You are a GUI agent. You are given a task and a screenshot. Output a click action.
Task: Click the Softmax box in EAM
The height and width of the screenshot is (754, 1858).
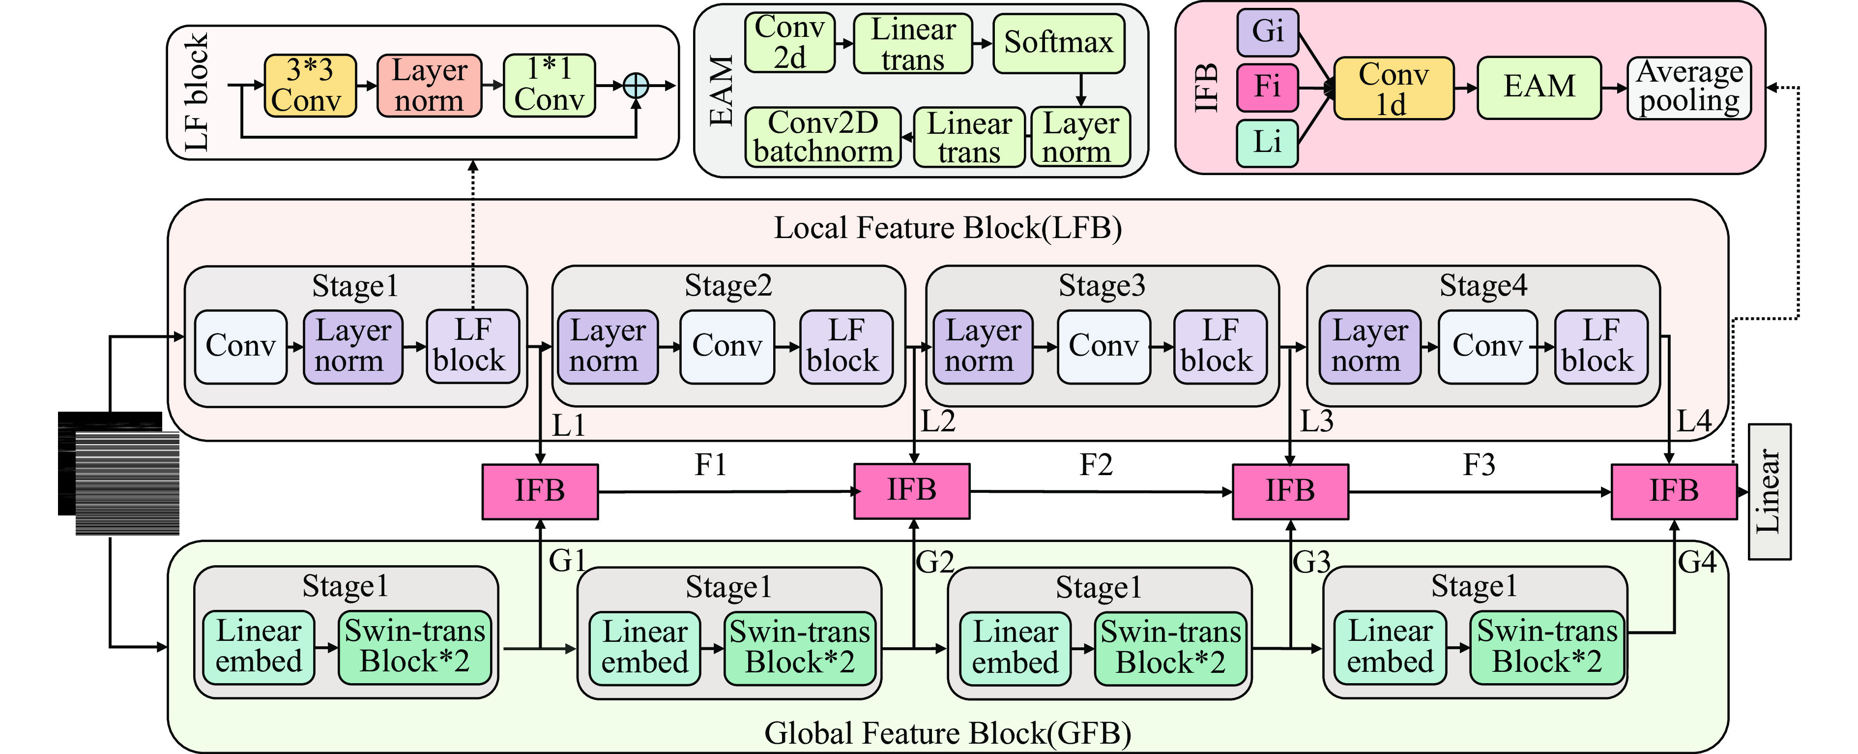1058,43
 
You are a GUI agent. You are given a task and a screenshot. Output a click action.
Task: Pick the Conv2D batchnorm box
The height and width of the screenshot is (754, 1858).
822,137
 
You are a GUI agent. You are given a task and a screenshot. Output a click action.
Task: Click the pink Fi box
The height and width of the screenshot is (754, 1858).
1267,87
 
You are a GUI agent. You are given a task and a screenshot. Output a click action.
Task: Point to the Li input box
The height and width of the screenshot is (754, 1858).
1267,142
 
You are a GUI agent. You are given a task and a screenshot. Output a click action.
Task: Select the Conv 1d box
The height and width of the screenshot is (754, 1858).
1393,89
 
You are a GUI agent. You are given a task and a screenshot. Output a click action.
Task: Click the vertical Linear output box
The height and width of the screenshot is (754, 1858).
1770,491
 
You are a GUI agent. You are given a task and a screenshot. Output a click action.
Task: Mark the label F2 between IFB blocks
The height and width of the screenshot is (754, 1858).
1096,465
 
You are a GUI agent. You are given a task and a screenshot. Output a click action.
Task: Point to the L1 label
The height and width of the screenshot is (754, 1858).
568,426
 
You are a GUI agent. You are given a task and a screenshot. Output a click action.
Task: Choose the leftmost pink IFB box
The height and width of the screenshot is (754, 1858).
540,491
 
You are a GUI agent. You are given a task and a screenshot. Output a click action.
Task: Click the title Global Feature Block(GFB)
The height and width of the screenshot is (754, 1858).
947,733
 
